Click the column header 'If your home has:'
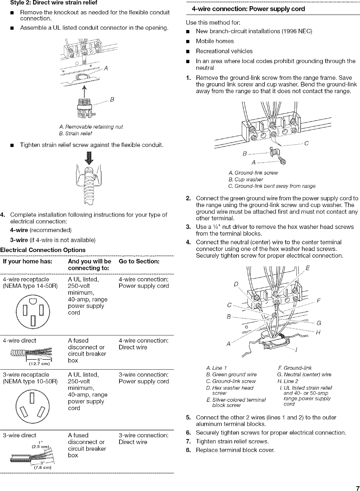pyautogui.click(x=27, y=261)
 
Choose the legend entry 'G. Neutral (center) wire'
pyautogui.click(x=304, y=374)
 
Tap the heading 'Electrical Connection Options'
pyautogui.click(x=43, y=250)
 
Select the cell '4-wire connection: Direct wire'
pyautogui.click(x=143, y=344)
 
